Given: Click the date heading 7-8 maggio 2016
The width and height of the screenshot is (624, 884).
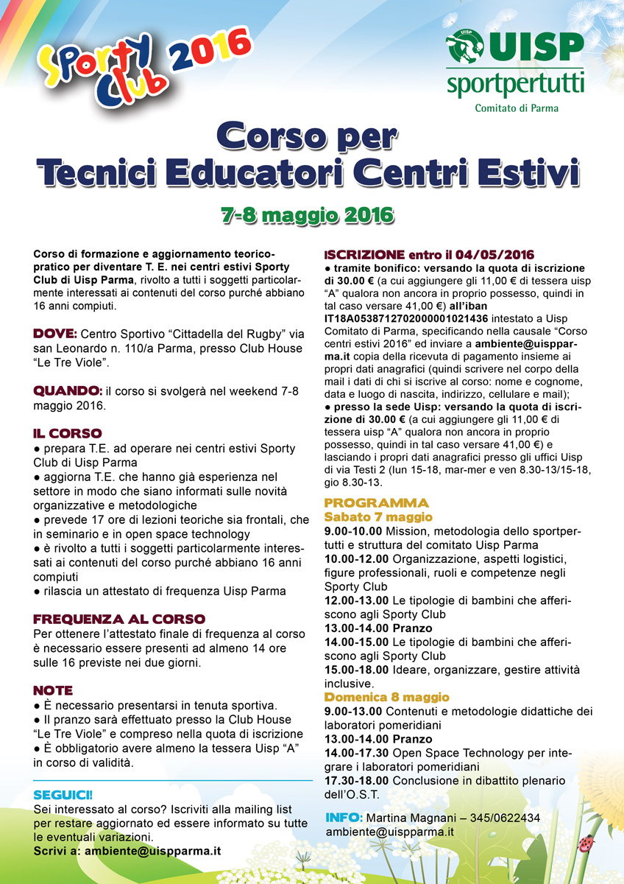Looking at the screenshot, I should tap(308, 215).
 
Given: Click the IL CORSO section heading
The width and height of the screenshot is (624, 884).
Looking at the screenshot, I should tap(68, 433).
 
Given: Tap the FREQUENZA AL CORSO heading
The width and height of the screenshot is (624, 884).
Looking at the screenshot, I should tap(119, 619).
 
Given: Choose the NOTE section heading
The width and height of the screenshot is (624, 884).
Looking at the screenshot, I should tap(53, 690).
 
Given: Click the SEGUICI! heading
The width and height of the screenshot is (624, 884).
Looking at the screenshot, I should tap(63, 795).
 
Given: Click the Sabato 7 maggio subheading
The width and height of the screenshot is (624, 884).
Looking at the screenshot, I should tap(378, 517).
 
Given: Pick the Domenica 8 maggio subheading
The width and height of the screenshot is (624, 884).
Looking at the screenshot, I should tap(386, 697).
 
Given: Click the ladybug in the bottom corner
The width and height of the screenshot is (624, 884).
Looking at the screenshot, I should tap(586, 842).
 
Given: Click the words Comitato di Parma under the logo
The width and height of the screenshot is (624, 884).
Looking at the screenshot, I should tap(516, 108).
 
